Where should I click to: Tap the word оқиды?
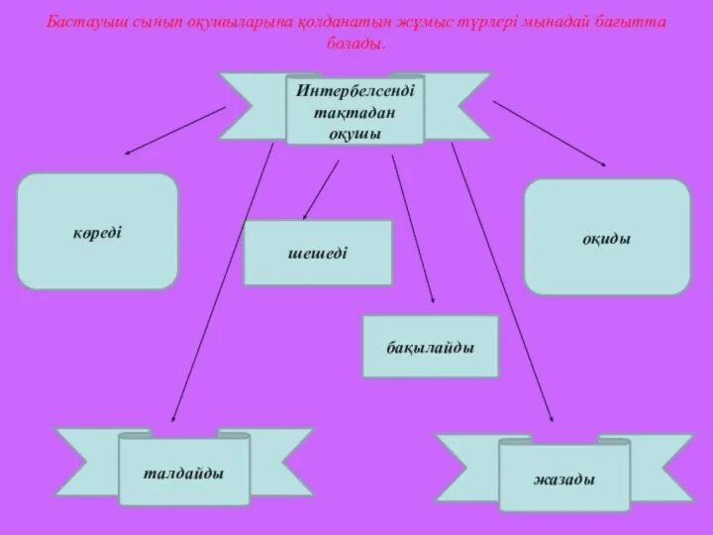606,238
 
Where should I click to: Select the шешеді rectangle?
317,252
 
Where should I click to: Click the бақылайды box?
430,348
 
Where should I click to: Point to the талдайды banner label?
183,473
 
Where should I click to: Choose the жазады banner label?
563,480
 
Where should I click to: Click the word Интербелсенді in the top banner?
356,90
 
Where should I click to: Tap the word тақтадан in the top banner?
355,112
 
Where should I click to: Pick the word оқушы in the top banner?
355,133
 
